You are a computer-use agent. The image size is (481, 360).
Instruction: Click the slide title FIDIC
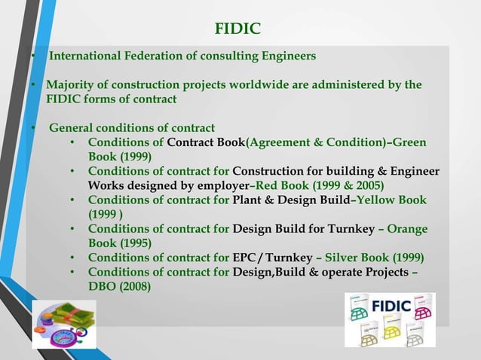[x=237, y=29]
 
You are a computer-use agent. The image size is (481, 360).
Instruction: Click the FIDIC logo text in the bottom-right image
[x=392, y=306]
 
